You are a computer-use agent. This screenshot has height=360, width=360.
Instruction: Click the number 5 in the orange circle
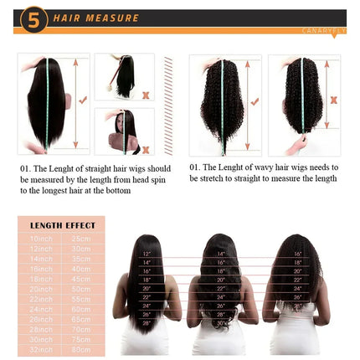pyautogui.click(x=33, y=18)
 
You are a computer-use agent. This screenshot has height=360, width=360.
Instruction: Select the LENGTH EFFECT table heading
pyautogui.click(x=61, y=225)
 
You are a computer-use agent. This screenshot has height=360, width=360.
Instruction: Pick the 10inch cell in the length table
pyautogui.click(x=41, y=238)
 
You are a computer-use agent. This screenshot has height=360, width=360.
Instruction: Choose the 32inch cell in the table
pyautogui.click(x=41, y=349)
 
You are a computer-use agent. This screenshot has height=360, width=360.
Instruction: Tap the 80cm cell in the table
pyautogui.click(x=81, y=349)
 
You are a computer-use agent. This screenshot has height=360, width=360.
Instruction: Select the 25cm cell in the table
pyautogui.click(x=81, y=238)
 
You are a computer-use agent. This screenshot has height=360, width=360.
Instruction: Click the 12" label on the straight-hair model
pyautogui.click(x=147, y=254)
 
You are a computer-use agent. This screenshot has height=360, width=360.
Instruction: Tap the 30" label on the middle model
pyautogui.click(x=219, y=323)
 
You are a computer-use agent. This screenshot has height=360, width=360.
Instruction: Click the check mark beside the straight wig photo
pyautogui.click(x=82, y=99)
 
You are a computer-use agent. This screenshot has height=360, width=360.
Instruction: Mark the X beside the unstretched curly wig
pyautogui.click(x=333, y=100)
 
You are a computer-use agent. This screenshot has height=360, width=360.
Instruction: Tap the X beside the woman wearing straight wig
pyautogui.click(x=147, y=149)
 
